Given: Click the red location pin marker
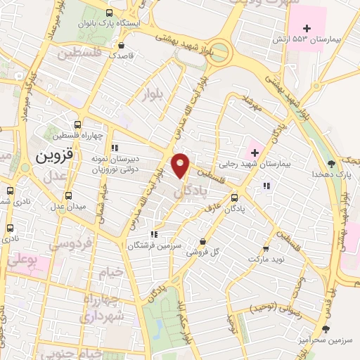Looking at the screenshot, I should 181,165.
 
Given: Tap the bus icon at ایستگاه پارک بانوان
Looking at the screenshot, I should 109,13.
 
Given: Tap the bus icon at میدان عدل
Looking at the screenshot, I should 68,196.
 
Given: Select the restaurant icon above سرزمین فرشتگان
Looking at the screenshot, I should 153,234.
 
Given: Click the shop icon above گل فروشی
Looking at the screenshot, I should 202,242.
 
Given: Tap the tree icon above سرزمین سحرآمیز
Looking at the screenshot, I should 325,328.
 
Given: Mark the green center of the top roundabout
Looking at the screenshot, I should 220,51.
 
